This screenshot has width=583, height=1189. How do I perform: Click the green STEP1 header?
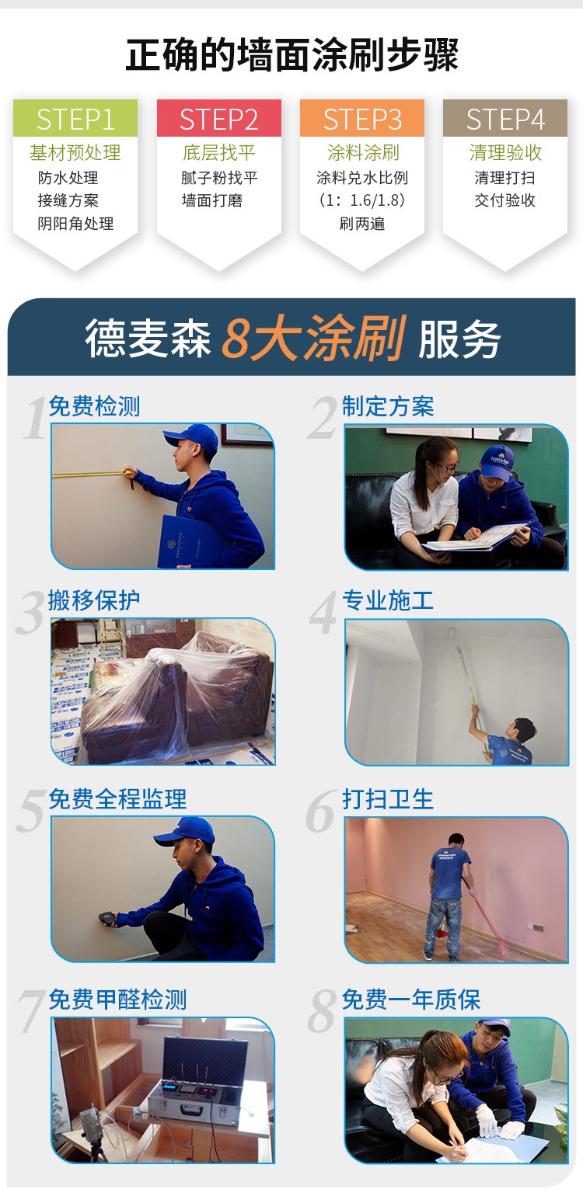(x=75, y=118)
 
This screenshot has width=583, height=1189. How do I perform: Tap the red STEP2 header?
(x=219, y=118)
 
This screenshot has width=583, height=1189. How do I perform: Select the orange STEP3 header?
(x=362, y=118)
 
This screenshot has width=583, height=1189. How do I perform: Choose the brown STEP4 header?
(x=505, y=118)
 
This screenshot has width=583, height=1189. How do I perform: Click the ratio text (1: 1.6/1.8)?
(x=362, y=200)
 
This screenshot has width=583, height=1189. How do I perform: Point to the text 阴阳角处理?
(x=75, y=224)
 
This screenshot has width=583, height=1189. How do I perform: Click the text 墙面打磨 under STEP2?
(x=212, y=200)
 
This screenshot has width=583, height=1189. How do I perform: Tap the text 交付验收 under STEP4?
(x=504, y=200)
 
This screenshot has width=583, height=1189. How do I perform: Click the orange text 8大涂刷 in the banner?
(x=313, y=338)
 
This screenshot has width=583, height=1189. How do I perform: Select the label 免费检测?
(x=94, y=407)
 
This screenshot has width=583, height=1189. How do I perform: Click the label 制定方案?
(x=388, y=407)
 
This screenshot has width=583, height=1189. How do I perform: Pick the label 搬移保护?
(x=94, y=600)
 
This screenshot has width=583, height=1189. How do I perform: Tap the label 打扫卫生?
(x=388, y=799)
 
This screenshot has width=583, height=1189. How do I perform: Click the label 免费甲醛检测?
(x=117, y=1000)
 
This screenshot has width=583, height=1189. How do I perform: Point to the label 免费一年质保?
(x=411, y=1000)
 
